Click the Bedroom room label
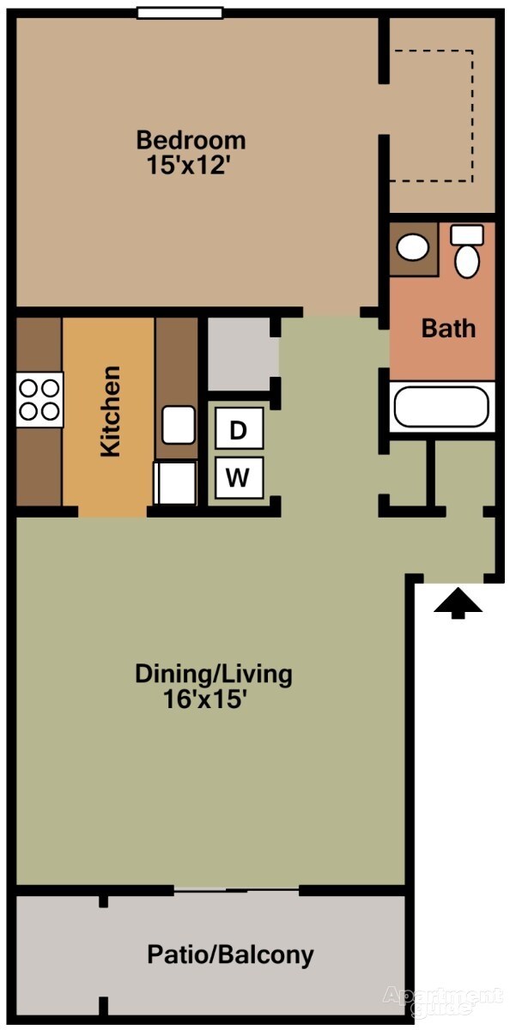click(x=191, y=139)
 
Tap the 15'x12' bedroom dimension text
click(x=191, y=164)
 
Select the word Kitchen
click(x=110, y=411)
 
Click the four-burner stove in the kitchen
click(x=39, y=399)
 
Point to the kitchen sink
click(x=179, y=425)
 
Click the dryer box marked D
click(x=238, y=430)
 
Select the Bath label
click(x=447, y=328)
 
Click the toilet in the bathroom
click(x=467, y=251)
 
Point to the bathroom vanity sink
click(x=414, y=248)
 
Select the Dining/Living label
click(x=213, y=674)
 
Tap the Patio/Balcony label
click(x=230, y=954)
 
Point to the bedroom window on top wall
click(x=180, y=13)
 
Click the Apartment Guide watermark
click(x=443, y=1001)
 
